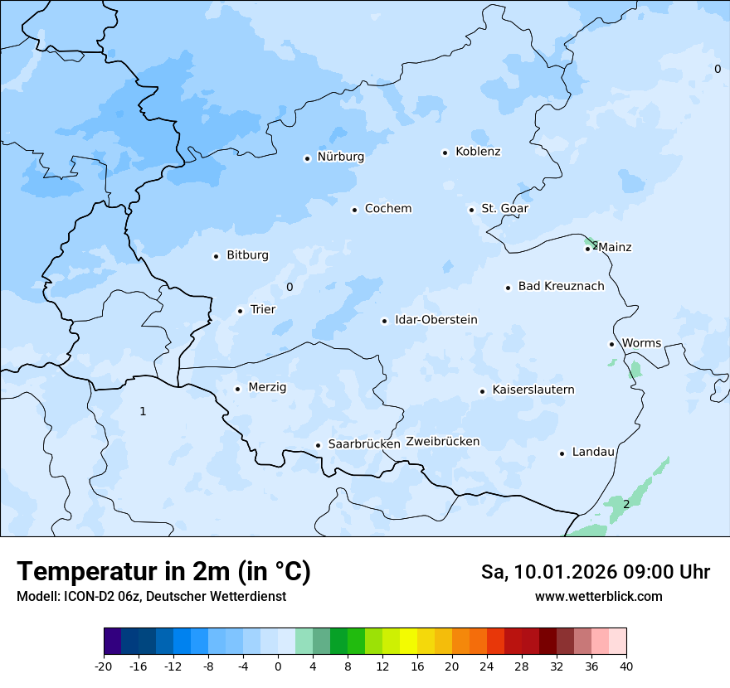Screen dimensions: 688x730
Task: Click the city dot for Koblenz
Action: point(445,153)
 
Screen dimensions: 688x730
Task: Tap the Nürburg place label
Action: point(340,157)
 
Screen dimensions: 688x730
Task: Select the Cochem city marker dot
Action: point(354,210)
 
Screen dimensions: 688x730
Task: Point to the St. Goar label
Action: point(504,209)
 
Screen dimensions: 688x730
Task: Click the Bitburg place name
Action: point(247,255)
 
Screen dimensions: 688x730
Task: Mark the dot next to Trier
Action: point(240,311)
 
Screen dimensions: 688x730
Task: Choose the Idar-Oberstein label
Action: point(436,320)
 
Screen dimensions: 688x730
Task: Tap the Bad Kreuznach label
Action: point(561,287)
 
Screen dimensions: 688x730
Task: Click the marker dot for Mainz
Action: point(587,249)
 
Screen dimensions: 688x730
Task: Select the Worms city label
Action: point(641,343)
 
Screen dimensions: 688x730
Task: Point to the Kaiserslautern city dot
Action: point(482,391)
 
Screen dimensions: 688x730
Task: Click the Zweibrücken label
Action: point(442,442)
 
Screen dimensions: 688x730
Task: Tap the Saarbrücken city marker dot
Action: point(318,445)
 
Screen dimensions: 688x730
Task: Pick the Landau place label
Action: point(593,453)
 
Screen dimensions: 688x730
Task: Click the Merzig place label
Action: point(267,387)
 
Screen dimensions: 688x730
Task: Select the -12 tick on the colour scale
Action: point(173,666)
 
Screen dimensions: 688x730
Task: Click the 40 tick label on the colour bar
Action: point(626,666)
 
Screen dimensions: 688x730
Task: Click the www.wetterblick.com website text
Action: point(598,596)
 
